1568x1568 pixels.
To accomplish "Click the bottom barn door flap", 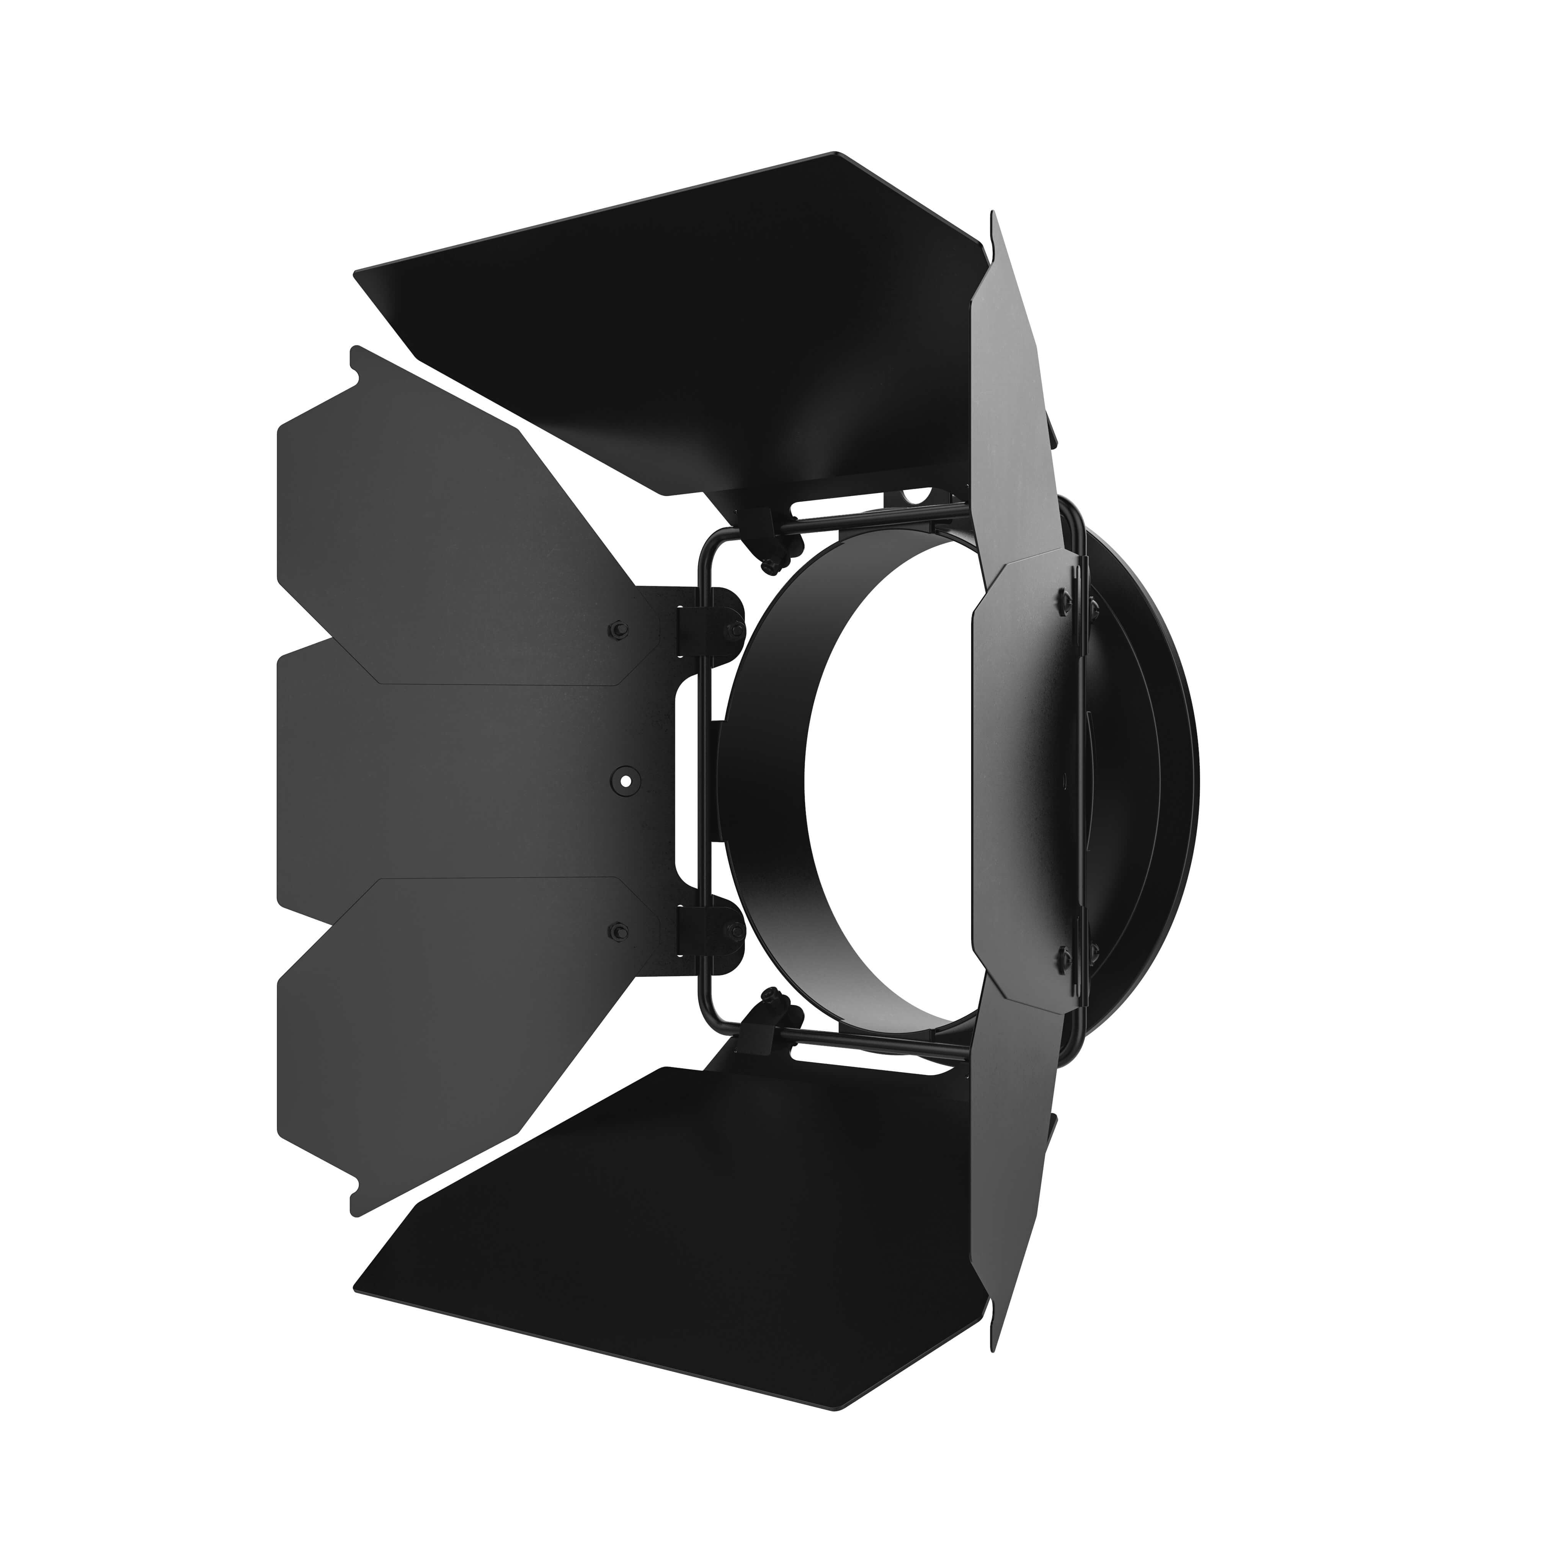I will [690, 1217].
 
